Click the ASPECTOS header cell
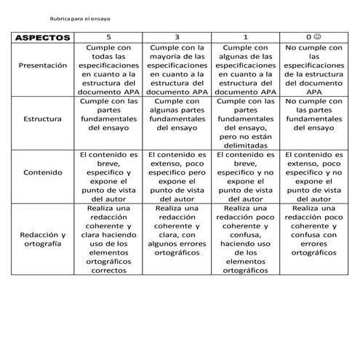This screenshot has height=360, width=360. pyautogui.click(x=42, y=37)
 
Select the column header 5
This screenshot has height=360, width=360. pyautogui.click(x=109, y=37)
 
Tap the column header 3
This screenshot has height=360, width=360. pyautogui.click(x=176, y=37)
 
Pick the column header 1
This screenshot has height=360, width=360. pyautogui.click(x=244, y=37)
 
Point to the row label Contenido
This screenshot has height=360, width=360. pyautogui.click(x=42, y=172)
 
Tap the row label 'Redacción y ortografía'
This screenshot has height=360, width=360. pyautogui.click(x=42, y=239)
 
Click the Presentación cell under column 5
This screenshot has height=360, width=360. pyautogui.click(x=109, y=70)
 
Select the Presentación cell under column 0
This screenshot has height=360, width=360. pyautogui.click(x=313, y=70)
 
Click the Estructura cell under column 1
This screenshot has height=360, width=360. pyautogui.click(x=244, y=123)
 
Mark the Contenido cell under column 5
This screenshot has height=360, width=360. pyautogui.click(x=109, y=177)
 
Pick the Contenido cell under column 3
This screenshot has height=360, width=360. pyautogui.click(x=176, y=177)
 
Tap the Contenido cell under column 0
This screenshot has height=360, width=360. pyautogui.click(x=313, y=177)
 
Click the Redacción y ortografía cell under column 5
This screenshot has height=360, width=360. pyautogui.click(x=109, y=239)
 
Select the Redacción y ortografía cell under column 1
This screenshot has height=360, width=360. pyautogui.click(x=244, y=239)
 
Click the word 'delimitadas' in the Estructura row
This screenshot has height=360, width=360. pyautogui.click(x=244, y=145)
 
